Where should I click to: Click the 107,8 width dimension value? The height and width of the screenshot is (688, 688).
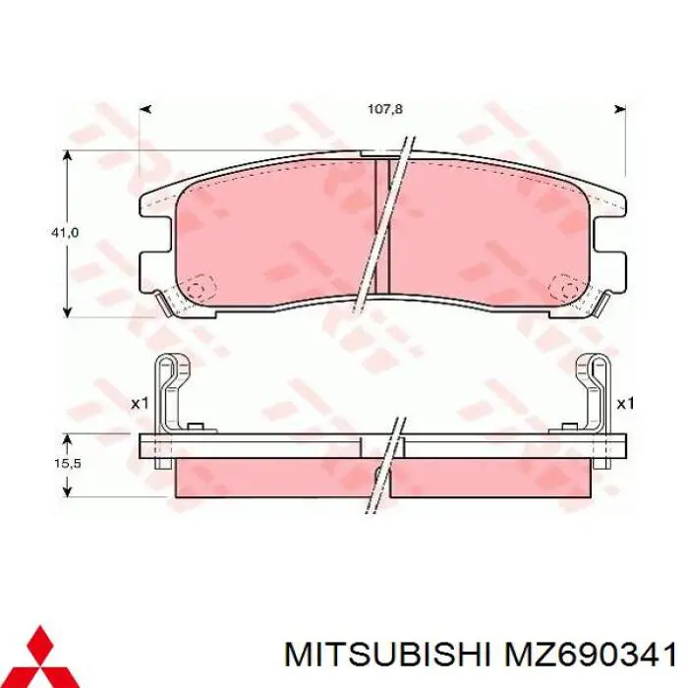pos(385,109)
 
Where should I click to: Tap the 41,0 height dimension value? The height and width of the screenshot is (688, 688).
pos(65,233)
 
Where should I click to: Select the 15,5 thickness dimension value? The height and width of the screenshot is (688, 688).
pos(65,460)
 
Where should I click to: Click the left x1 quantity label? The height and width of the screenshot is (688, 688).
pos(139,403)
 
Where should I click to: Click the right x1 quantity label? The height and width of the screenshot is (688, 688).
pos(625,403)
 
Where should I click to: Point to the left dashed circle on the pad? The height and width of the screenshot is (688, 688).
pos(201,288)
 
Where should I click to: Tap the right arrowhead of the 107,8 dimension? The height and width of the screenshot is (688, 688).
pos(620,109)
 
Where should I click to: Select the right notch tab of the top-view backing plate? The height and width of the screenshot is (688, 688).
pos(616,266)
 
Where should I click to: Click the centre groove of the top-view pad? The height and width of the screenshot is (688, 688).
pos(383,226)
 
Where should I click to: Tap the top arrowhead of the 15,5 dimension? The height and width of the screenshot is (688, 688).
pos(68,437)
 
